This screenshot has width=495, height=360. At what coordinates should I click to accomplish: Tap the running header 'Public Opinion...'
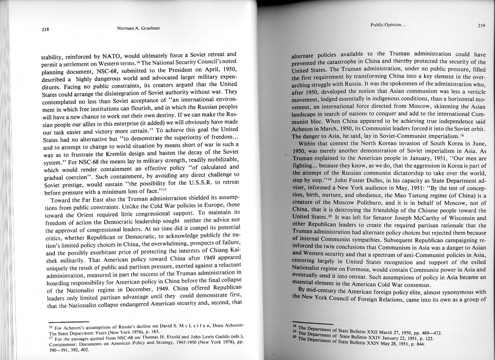[x=388, y=25]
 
